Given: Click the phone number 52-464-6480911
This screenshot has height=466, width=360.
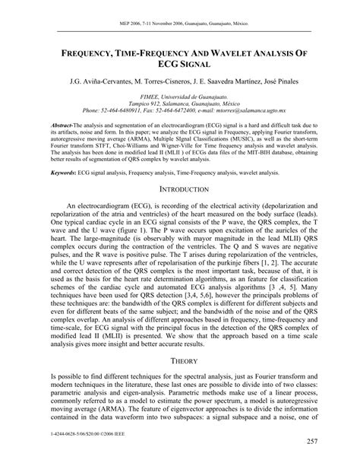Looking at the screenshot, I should (125, 112).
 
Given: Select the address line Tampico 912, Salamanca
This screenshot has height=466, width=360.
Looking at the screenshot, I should (180, 104).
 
